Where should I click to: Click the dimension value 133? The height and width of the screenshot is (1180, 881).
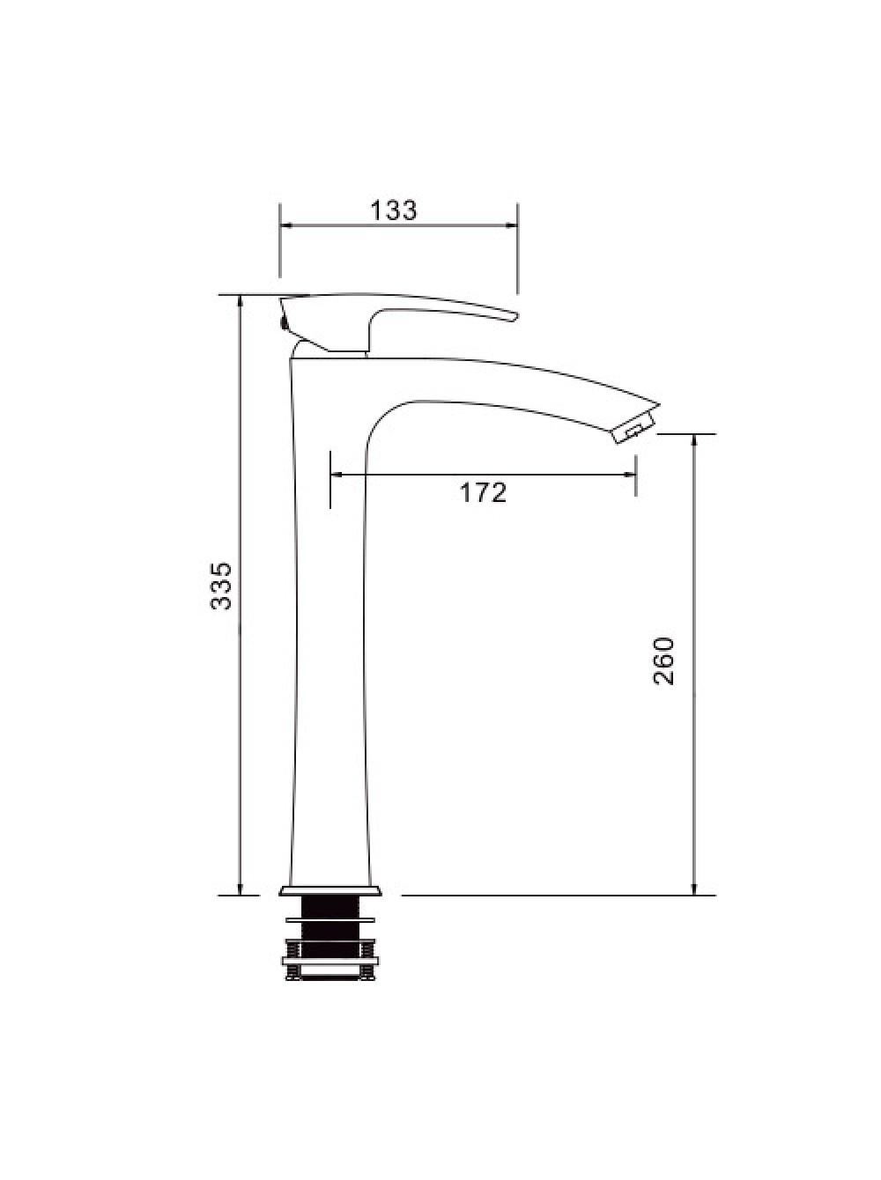coord(393,210)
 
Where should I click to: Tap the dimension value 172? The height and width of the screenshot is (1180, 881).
coord(483,492)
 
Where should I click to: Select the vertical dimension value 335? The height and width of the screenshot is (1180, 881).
coord(220,586)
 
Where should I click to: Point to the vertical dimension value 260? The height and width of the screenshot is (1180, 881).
coord(663,660)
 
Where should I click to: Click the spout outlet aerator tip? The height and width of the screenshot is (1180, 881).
coord(637,428)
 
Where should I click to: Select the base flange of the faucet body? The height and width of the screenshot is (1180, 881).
coord(329,891)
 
